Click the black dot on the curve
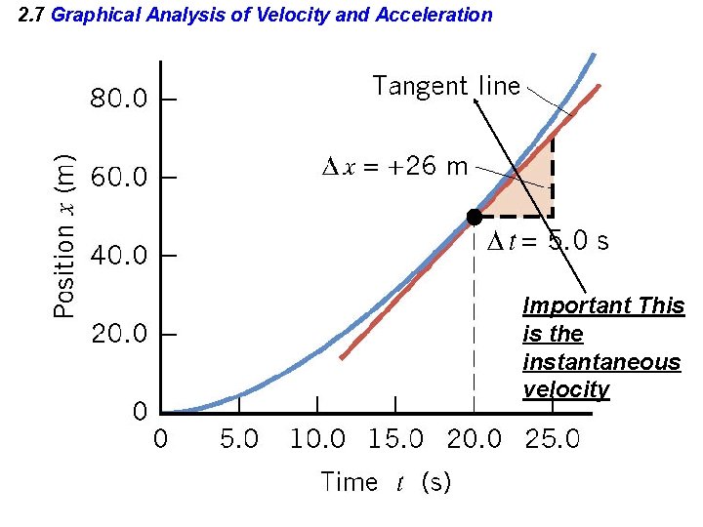[x=474, y=217]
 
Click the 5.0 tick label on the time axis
[x=239, y=439]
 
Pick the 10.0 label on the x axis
[x=317, y=439]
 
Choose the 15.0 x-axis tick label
[x=395, y=439]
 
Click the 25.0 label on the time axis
[x=553, y=439]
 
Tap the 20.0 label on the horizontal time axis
[x=475, y=439]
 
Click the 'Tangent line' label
[x=446, y=86]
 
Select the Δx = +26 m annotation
[x=394, y=166]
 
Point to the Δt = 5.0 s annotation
[x=548, y=241]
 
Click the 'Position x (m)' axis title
[x=64, y=234]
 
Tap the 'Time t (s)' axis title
[x=386, y=482]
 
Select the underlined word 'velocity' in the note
[x=566, y=390]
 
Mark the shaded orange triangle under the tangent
[x=532, y=190]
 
